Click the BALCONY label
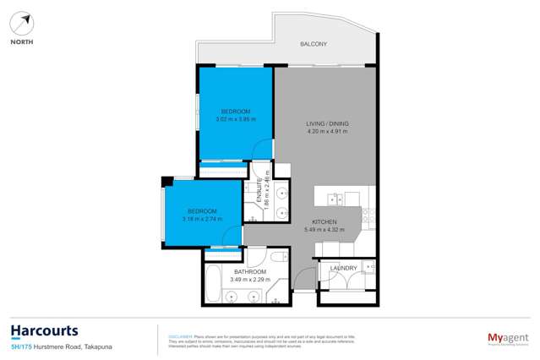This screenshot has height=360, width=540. click(314, 44)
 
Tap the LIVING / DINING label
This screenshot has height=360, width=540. click(327, 124)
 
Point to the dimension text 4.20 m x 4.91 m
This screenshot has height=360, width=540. click(327, 132)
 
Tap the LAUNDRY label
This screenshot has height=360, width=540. click(344, 268)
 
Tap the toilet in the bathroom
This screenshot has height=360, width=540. click(277, 255)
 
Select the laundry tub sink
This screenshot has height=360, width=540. click(369, 267)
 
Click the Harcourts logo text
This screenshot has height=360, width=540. click(44, 330)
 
